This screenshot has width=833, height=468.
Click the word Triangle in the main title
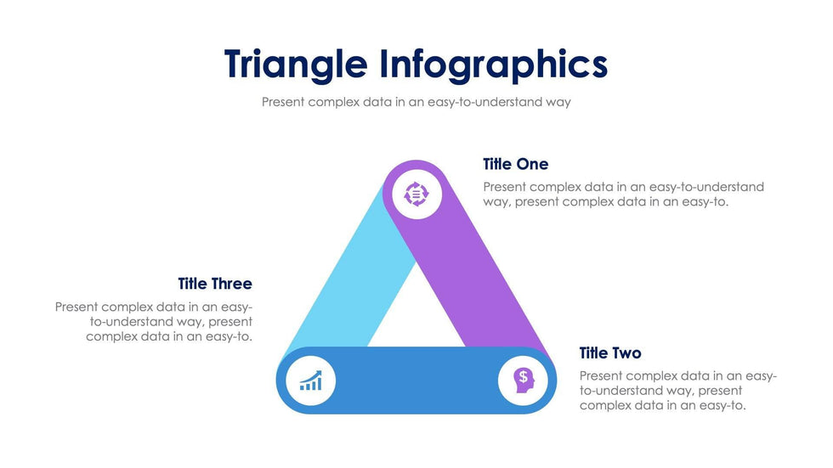[296, 65]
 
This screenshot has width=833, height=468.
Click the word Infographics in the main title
[494, 65]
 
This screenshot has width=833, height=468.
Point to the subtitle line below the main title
[416, 102]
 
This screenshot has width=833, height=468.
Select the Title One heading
[515, 164]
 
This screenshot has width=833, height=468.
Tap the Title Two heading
[610, 352]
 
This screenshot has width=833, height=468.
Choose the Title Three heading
[215, 284]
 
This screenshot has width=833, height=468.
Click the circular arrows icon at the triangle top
[416, 194]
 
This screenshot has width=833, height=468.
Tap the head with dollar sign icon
[524, 381]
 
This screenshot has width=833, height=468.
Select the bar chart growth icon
[311, 381]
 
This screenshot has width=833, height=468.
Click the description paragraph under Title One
[623, 195]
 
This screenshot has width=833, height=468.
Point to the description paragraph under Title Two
[678, 391]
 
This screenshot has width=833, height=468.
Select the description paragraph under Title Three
[154, 322]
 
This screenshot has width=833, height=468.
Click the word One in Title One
[533, 164]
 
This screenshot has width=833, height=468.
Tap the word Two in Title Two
[627, 352]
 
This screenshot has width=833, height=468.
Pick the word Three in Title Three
[232, 284]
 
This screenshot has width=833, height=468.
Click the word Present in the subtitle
[283, 102]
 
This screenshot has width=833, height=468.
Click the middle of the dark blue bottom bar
[416, 381]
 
